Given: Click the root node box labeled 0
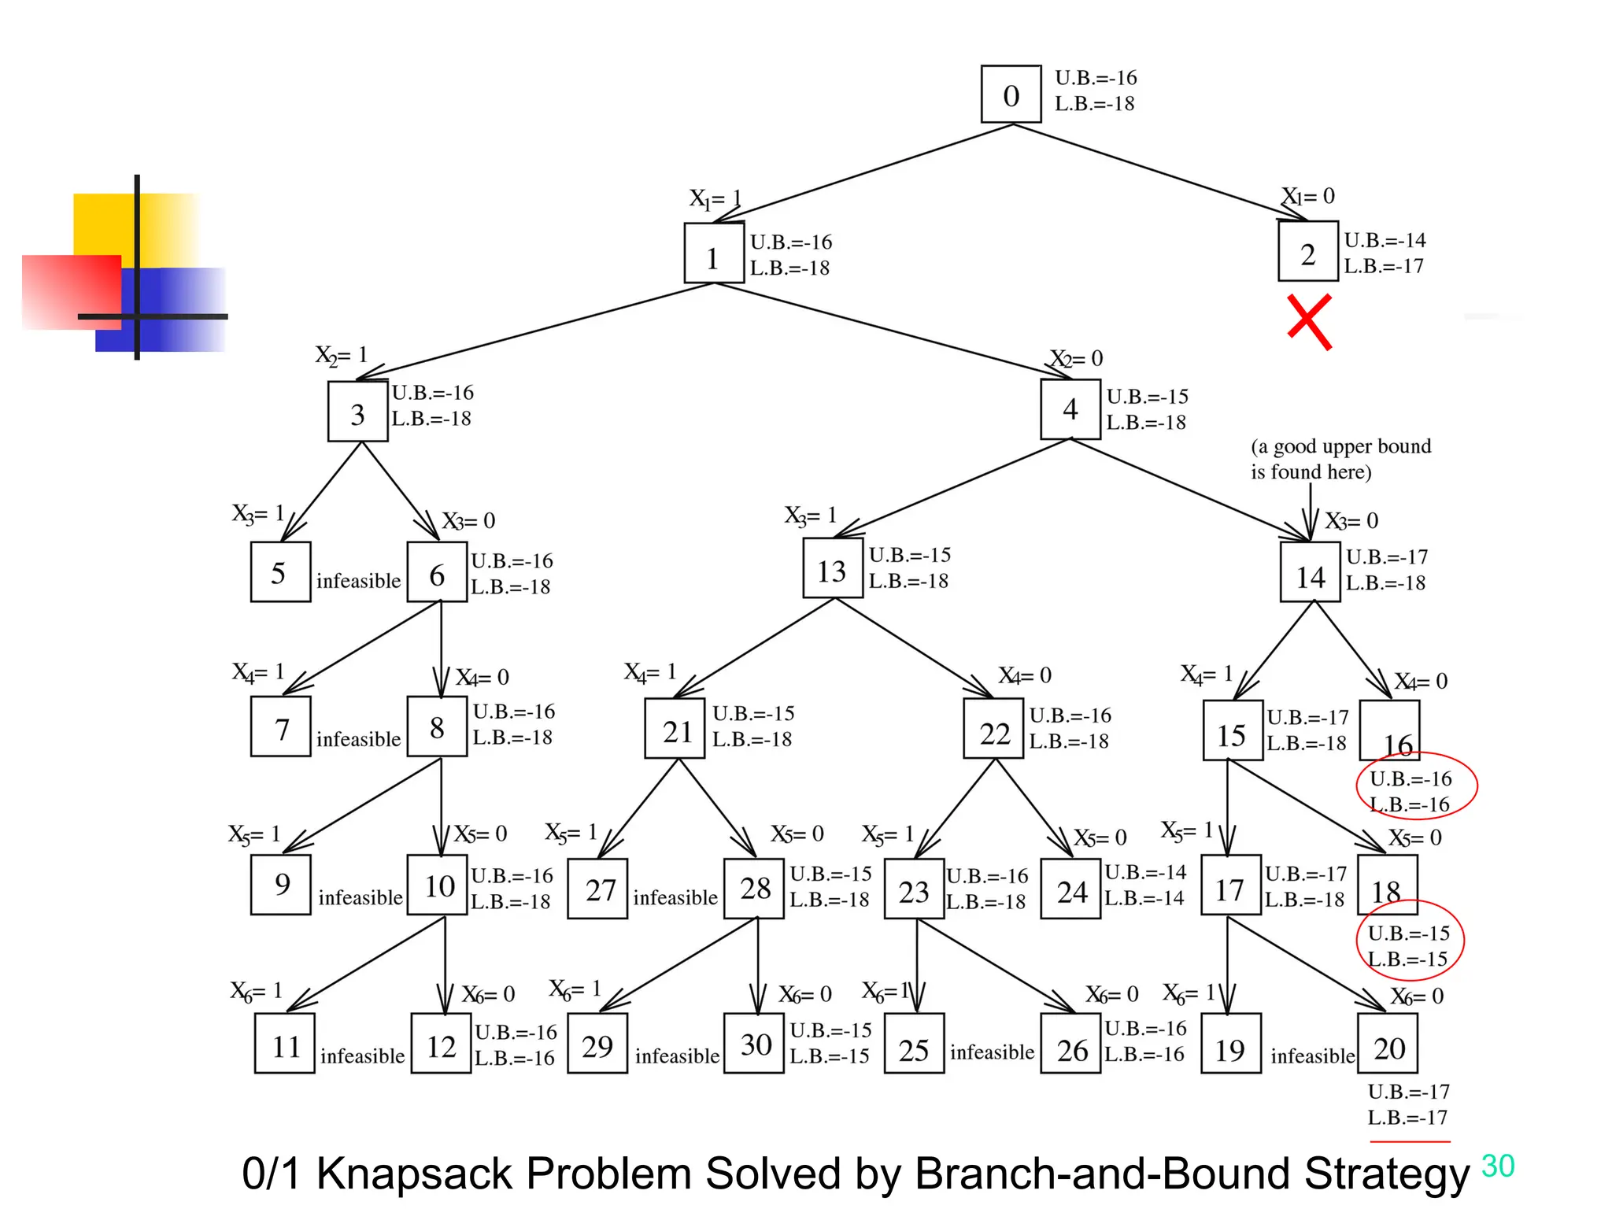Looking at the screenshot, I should (1011, 94).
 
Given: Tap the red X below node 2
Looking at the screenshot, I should (1309, 322).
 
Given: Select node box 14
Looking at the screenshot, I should (1310, 572).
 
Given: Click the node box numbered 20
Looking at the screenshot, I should (1388, 1044).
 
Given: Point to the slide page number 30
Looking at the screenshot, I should (1497, 1166).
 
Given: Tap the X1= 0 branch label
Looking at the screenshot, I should (1308, 196).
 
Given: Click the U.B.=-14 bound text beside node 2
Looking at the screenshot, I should (1385, 240).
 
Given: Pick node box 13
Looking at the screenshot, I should (832, 568).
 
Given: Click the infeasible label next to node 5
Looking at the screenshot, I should (358, 581).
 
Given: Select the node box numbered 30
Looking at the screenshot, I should (754, 1044).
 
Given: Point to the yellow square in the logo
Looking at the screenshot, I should (106, 224).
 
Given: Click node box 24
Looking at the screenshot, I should (1070, 889).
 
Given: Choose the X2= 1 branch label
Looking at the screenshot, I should (342, 355).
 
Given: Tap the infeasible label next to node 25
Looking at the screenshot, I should (992, 1052).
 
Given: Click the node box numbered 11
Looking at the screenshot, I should (285, 1044).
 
